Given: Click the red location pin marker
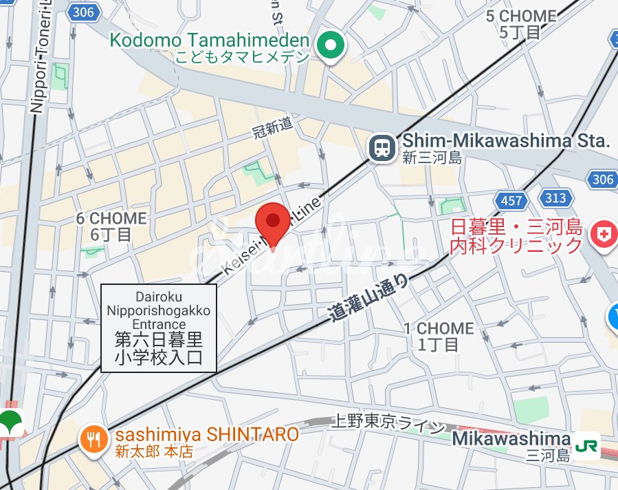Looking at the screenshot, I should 273,222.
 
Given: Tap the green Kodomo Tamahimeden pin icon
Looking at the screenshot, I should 331,46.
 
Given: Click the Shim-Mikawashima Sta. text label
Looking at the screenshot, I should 505,142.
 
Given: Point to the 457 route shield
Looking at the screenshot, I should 512,201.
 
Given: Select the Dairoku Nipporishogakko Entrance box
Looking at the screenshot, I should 159,328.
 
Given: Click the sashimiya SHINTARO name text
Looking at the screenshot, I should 206,434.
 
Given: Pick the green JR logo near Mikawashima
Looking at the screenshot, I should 586,445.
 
